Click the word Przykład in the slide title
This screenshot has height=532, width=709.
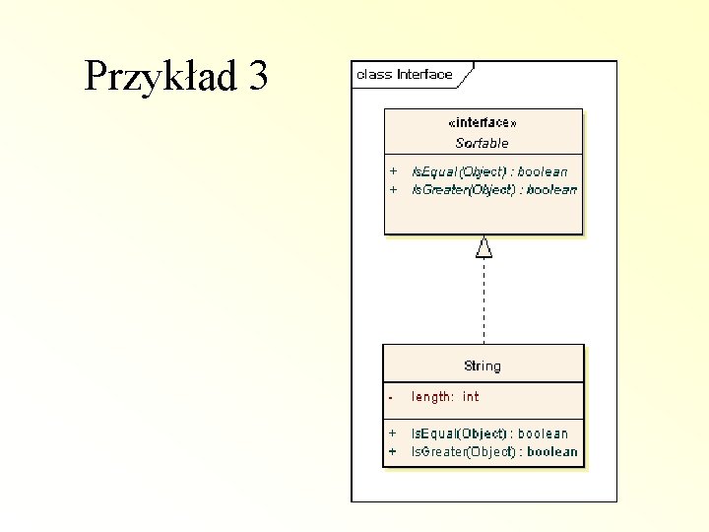click(161, 76)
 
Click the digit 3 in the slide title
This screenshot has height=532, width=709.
click(258, 76)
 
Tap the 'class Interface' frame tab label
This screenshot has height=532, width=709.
click(405, 74)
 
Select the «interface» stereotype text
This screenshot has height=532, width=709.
click(482, 123)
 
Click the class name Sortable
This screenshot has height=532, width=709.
click(482, 143)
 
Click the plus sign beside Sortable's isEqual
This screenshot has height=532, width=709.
click(393, 171)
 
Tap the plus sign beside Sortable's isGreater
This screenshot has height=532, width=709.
click(393, 189)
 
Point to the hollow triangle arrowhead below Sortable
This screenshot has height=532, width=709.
click(483, 246)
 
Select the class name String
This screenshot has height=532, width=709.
click(483, 366)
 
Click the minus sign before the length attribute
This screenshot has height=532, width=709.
click(391, 397)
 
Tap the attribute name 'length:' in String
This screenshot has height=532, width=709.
click(432, 397)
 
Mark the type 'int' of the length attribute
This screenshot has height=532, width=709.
click(471, 397)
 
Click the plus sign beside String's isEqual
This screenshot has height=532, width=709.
click(392, 433)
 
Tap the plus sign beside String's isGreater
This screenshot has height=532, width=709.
click(392, 451)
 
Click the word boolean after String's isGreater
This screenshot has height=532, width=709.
click(552, 451)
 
